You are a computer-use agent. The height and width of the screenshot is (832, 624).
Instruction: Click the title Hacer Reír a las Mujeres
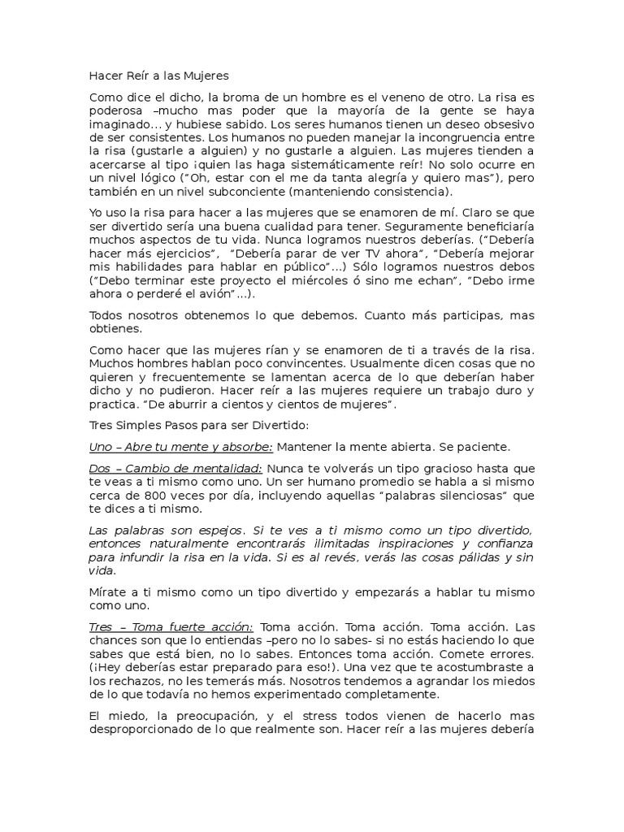point(158,76)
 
